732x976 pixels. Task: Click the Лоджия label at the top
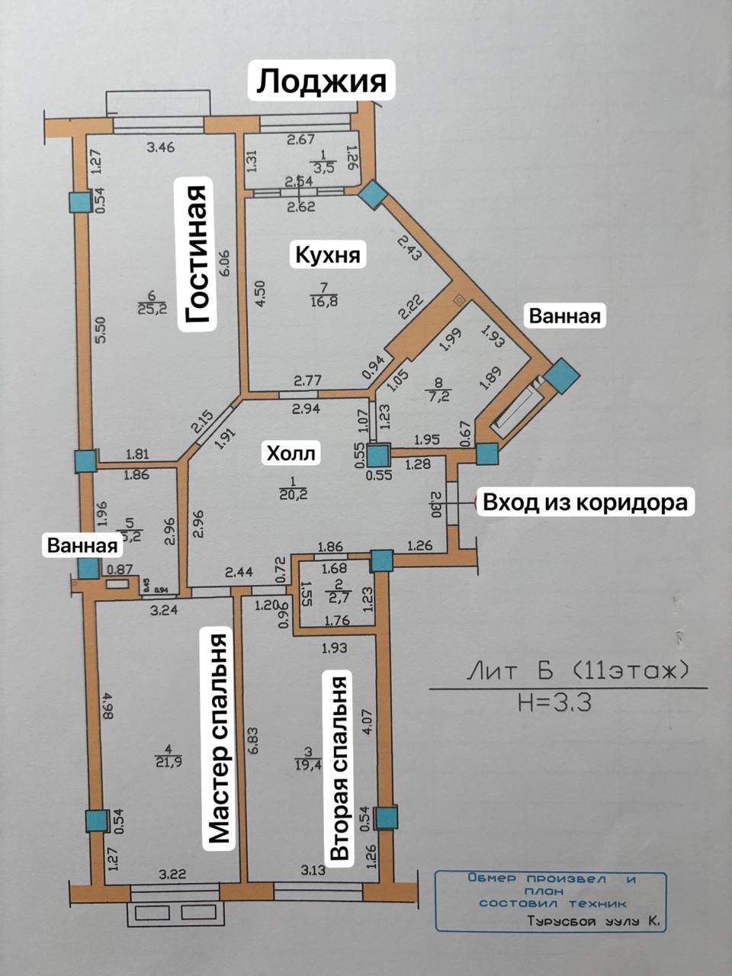click(x=321, y=80)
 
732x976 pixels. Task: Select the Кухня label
click(x=328, y=254)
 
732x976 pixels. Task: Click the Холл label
click(x=291, y=454)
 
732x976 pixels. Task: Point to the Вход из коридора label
click(x=585, y=502)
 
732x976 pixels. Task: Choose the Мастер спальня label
click(x=219, y=737)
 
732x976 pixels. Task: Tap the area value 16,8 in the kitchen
click(x=323, y=300)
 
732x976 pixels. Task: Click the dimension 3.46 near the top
click(x=161, y=146)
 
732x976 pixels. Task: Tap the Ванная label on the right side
click(x=565, y=315)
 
